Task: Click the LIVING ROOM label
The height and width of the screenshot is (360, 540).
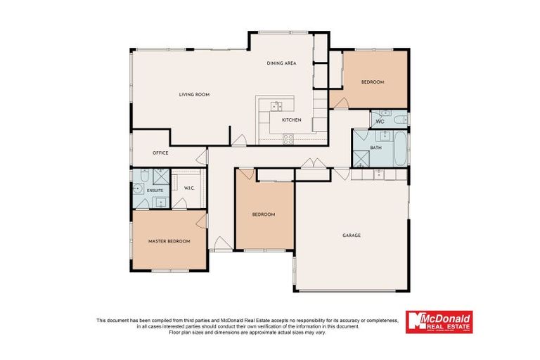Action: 194,94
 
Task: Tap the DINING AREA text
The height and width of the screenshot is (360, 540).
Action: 281,63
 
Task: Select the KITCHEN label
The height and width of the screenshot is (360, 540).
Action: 291,120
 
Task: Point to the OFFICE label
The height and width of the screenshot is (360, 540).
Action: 160,153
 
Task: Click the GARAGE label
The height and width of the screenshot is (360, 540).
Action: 352,235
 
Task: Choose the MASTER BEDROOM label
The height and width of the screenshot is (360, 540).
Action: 169,241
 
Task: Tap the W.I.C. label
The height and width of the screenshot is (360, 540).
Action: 189,188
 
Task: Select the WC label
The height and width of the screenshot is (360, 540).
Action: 380,122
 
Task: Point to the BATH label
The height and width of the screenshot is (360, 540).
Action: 376,148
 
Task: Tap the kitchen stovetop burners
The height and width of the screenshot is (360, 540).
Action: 288,139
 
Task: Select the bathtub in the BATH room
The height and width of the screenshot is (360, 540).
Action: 399,146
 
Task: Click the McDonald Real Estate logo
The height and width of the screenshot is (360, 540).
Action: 439,322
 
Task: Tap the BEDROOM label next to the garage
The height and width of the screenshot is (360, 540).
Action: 264,214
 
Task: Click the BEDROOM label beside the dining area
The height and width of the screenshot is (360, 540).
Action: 373,82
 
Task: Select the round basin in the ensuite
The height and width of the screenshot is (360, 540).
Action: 136,189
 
